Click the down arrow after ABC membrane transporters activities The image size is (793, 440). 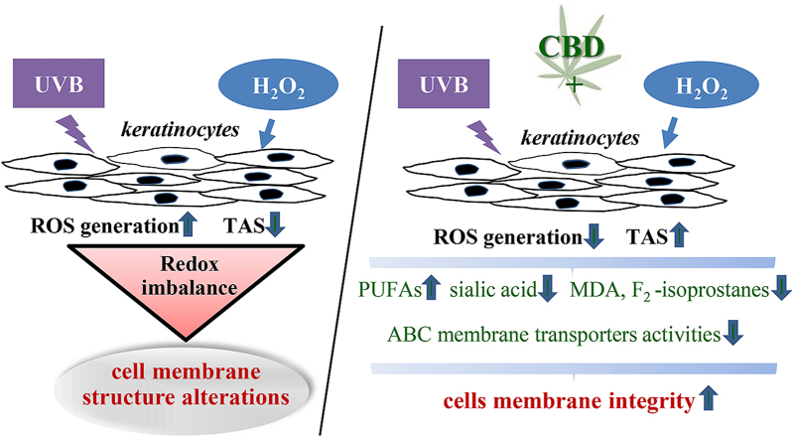[x=732, y=335]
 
